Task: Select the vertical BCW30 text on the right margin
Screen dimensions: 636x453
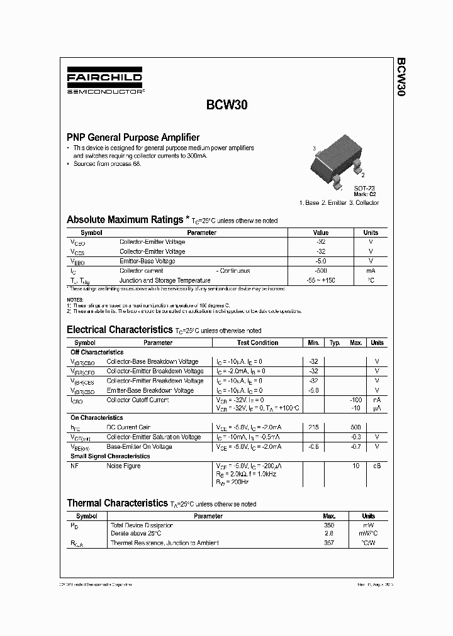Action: [400, 77]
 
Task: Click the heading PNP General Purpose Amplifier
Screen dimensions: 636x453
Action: [133, 137]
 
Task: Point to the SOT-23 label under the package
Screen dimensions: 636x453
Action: [364, 189]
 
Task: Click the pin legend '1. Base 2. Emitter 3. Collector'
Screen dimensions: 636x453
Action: [338, 202]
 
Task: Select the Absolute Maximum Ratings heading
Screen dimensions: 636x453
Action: [125, 220]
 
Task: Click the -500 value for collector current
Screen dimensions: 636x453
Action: [320, 271]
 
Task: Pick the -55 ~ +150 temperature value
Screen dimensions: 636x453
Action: [320, 280]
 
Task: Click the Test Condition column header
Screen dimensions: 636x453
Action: [257, 343]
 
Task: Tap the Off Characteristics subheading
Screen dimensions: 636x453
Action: [97, 352]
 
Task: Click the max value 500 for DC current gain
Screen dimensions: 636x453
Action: [355, 427]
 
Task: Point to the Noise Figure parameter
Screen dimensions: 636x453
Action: [123, 466]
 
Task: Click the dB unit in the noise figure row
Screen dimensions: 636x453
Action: [377, 466]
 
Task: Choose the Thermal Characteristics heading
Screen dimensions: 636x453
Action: [117, 503]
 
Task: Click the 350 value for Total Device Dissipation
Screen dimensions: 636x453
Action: [329, 525]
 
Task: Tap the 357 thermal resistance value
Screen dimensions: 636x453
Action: [329, 543]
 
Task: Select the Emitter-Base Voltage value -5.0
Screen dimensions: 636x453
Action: [320, 261]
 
